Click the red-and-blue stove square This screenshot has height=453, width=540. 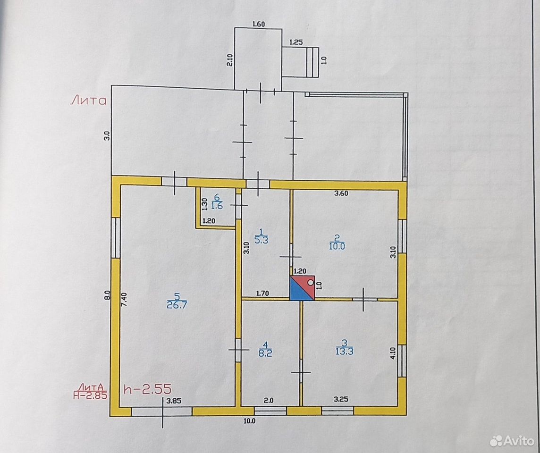click(303, 288)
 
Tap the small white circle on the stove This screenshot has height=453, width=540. click(310, 282)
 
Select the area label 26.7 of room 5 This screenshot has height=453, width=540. click(177, 305)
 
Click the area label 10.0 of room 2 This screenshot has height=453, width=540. click(337, 246)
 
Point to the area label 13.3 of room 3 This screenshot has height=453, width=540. click(345, 351)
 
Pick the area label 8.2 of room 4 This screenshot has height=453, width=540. click(265, 353)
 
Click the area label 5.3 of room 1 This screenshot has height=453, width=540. click(261, 240)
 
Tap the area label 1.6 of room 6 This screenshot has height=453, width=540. click(217, 206)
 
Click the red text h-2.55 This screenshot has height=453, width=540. click(148, 389)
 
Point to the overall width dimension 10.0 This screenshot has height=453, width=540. click(249, 420)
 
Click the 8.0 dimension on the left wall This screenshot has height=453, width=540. click(108, 295)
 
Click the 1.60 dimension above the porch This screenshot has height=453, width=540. click(259, 24)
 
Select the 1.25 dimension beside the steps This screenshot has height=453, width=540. click(296, 42)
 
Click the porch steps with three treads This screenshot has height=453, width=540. click(312, 62)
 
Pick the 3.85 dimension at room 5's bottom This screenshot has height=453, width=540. click(174, 401)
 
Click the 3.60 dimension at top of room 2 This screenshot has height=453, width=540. click(341, 193)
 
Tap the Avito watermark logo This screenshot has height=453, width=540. click(512, 440)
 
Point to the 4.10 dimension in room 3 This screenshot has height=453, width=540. click(393, 353)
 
